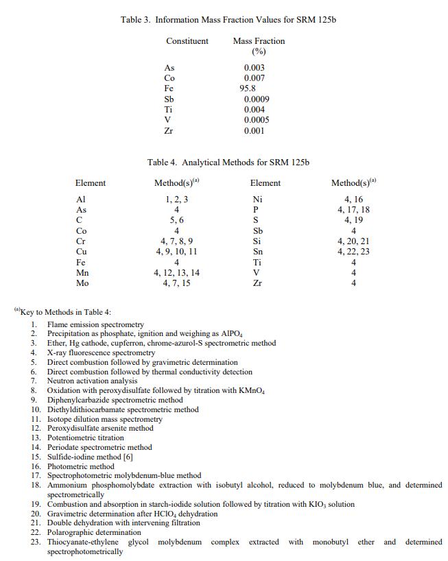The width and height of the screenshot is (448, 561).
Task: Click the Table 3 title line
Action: pyautogui.click(x=228, y=19)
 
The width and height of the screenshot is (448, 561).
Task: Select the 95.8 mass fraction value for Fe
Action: pyautogui.click(x=248, y=88)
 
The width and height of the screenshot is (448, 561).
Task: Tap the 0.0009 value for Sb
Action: pyautogui.click(x=257, y=99)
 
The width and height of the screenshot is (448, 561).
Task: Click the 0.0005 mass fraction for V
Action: pyautogui.click(x=257, y=120)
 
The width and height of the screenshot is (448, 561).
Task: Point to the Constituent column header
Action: pyautogui.click(x=187, y=41)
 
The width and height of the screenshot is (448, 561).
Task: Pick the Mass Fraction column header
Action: pyautogui.click(x=259, y=41)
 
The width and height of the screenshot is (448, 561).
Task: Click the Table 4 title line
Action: pyautogui.click(x=228, y=163)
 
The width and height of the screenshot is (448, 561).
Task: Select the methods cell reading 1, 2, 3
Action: pyautogui.click(x=176, y=200)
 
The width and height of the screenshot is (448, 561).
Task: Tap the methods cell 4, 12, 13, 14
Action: pyautogui.click(x=176, y=273)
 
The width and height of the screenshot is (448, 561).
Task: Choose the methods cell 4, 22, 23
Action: pyautogui.click(x=353, y=252)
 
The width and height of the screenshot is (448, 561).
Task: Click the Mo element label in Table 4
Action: pyautogui.click(x=82, y=283)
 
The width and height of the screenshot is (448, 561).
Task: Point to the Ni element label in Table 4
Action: pyautogui.click(x=257, y=200)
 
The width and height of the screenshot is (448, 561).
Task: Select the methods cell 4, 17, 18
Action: pyautogui.click(x=353, y=210)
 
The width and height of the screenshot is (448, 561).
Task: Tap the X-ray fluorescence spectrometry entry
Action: pyautogui.click(x=101, y=353)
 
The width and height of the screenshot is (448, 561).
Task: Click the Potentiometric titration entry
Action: pyautogui.click(x=85, y=438)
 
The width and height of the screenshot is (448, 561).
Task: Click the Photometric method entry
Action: pyautogui.click(x=80, y=466)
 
